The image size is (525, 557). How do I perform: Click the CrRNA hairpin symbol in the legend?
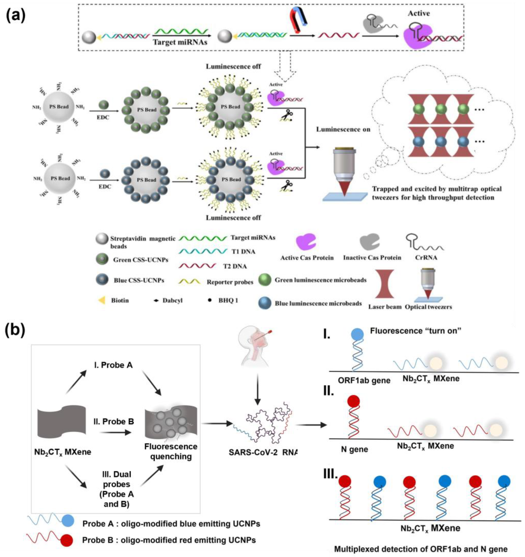point(423,242)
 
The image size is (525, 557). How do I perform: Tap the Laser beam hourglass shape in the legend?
point(384,284)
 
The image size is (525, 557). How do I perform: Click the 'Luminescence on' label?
point(343,130)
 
